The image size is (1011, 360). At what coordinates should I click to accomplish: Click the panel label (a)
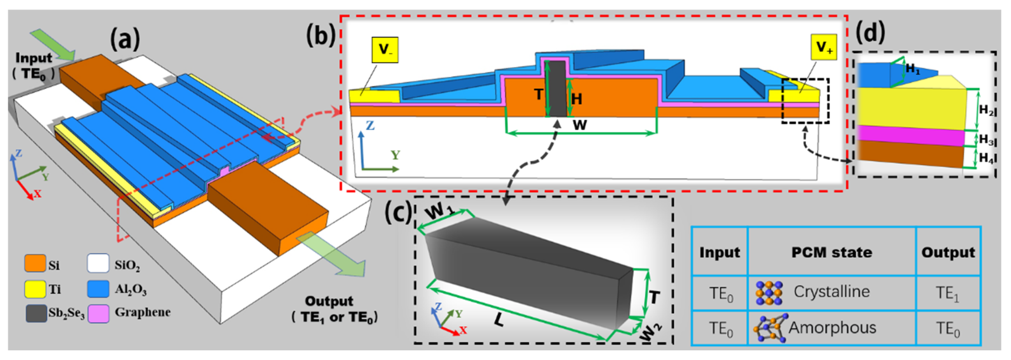pos(125,40)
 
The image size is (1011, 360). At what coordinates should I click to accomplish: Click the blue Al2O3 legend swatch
pos(98,289)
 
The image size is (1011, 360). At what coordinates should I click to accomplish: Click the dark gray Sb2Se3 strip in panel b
pos(557,89)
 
